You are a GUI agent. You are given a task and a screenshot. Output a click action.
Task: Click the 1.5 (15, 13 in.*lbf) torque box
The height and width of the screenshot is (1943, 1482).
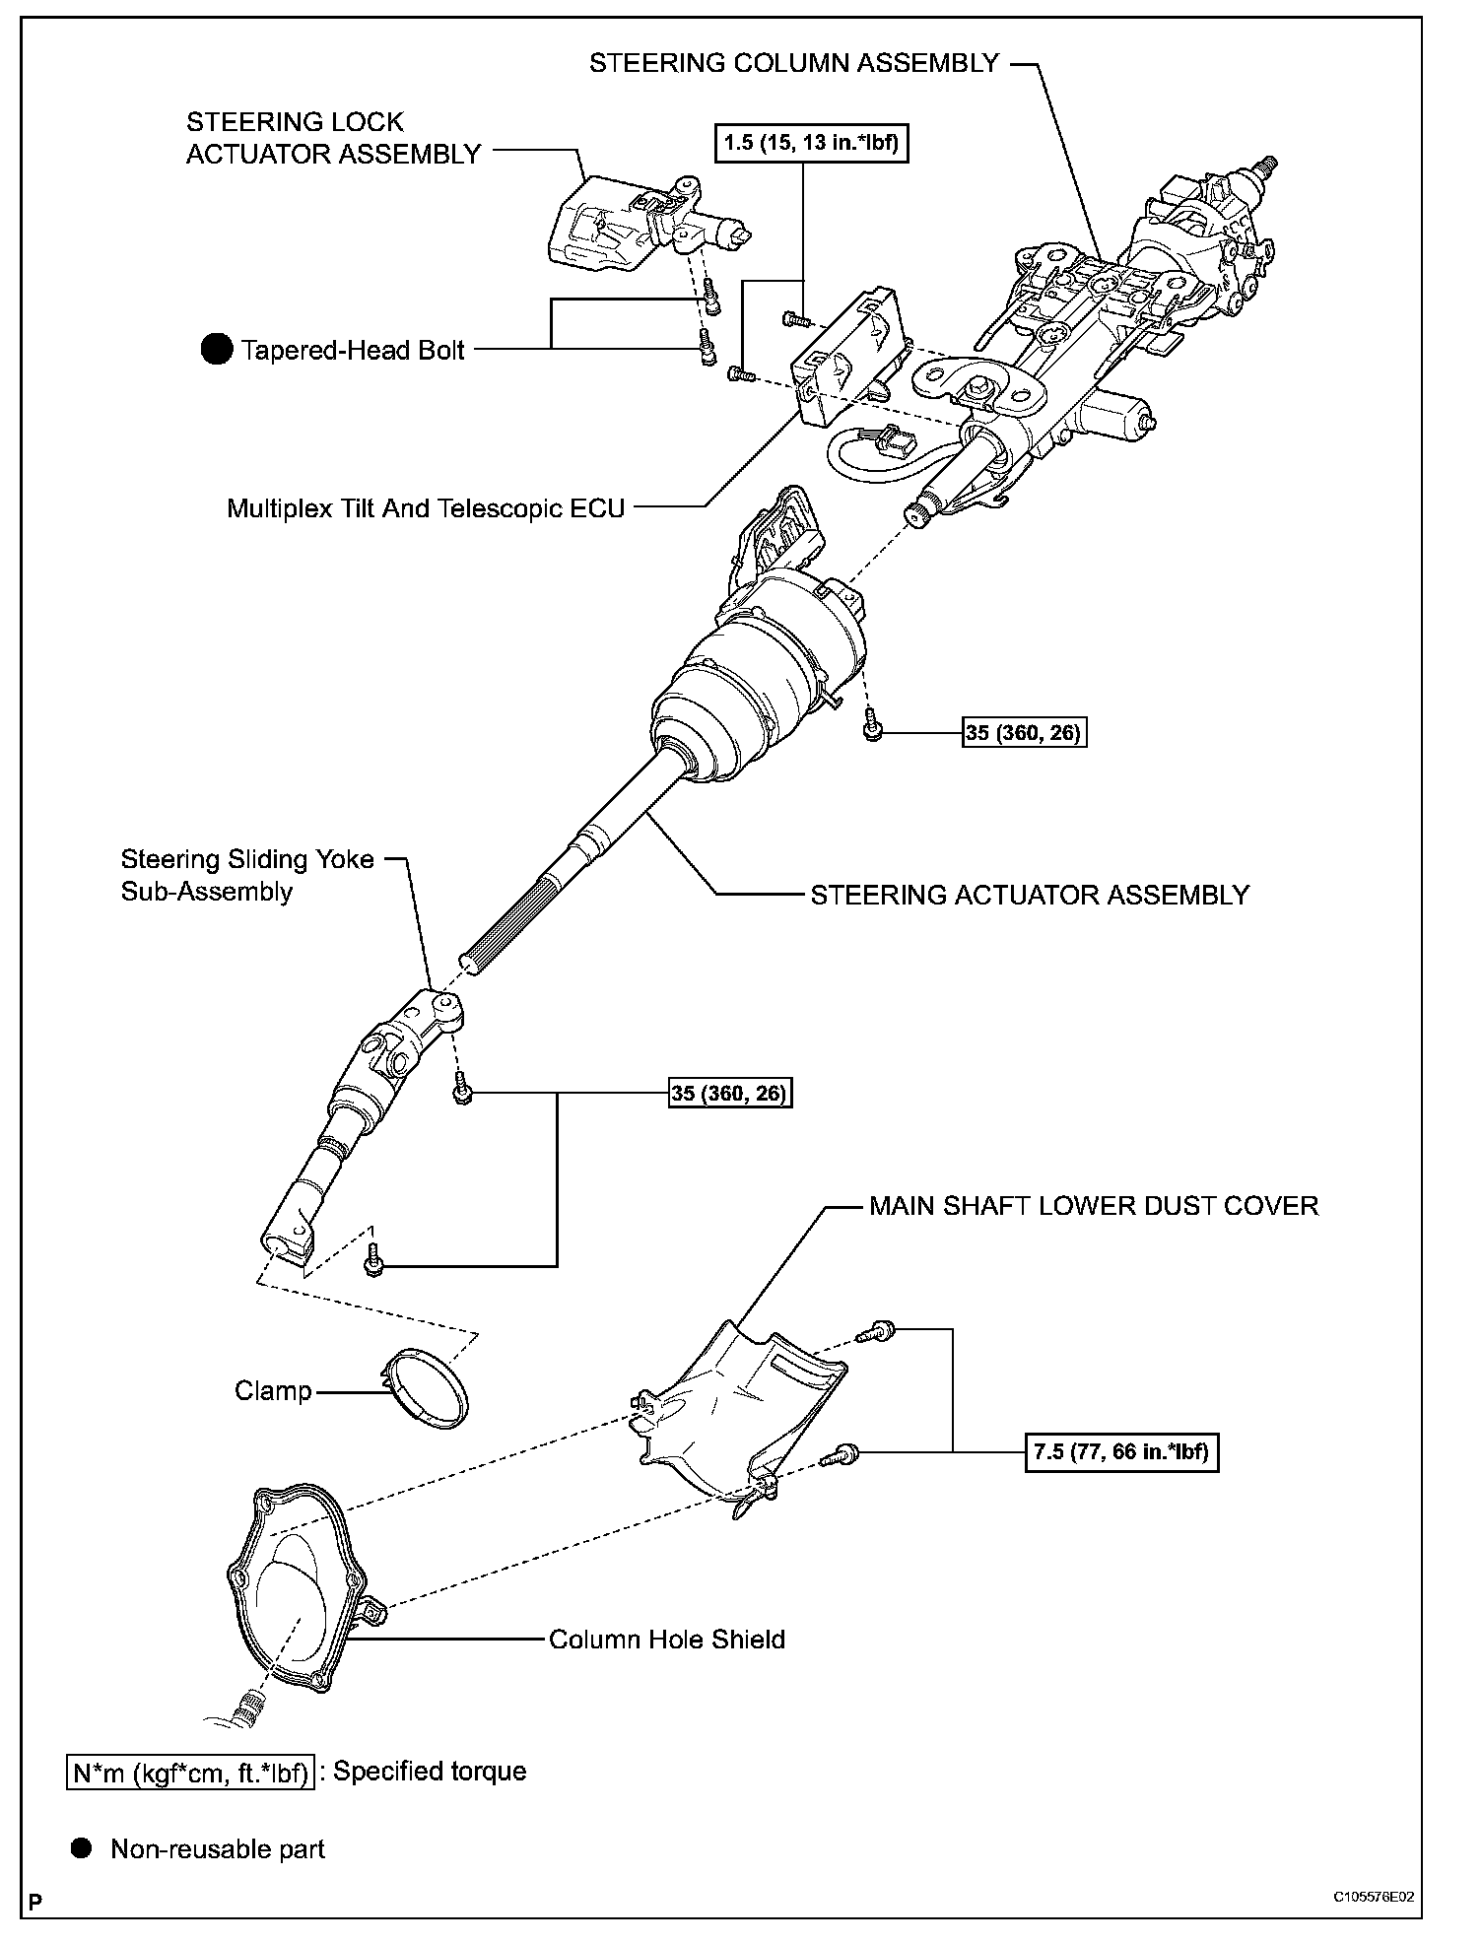click(x=810, y=144)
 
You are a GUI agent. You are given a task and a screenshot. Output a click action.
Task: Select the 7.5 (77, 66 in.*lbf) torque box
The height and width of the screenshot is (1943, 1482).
click(x=1121, y=1451)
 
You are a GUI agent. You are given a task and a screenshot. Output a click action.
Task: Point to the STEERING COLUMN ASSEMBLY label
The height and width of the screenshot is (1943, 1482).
click(x=793, y=63)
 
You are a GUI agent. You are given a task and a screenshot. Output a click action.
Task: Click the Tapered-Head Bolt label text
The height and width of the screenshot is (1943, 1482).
click(x=353, y=351)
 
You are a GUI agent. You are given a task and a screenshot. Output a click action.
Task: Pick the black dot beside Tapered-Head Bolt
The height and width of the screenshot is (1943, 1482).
click(x=215, y=350)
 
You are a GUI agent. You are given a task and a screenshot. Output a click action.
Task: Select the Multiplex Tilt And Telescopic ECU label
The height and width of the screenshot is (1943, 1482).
click(x=426, y=508)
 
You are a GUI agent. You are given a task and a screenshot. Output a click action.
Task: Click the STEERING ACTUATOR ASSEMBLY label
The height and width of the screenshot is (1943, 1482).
click(x=1030, y=895)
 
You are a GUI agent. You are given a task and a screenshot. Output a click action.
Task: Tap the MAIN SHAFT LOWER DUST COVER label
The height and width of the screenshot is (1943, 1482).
click(x=1093, y=1206)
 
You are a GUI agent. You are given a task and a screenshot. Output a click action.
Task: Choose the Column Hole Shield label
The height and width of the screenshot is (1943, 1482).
click(x=666, y=1640)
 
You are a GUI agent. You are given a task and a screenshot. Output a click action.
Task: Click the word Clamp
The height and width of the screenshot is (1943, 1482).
click(x=273, y=1390)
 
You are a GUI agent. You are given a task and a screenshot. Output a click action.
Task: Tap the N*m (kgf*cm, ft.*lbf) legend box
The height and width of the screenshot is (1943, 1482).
click(x=189, y=1772)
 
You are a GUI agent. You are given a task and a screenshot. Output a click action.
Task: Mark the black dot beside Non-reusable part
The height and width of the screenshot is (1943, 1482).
click(x=83, y=1848)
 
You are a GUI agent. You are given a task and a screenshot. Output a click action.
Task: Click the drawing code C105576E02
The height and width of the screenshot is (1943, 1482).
click(x=1378, y=1897)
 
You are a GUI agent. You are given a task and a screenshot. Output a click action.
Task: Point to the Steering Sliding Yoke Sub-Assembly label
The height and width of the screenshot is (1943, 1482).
click(x=246, y=875)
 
